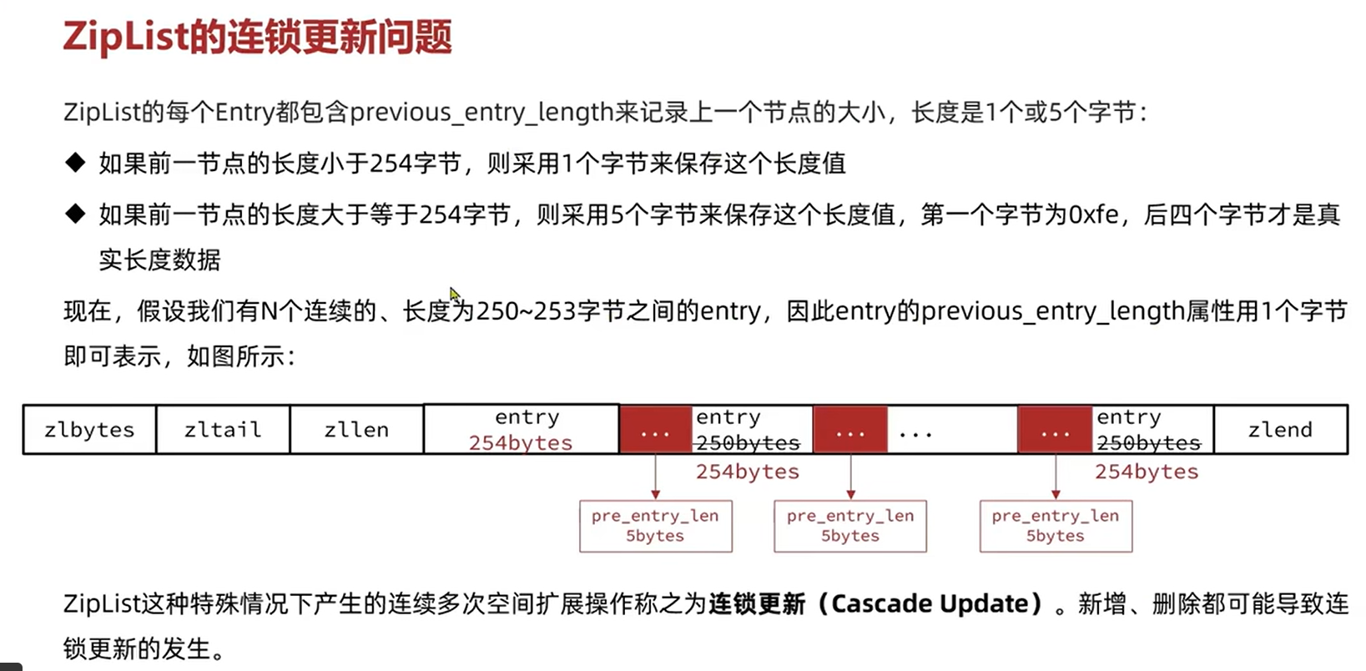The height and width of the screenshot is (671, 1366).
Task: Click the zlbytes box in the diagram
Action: click(x=89, y=430)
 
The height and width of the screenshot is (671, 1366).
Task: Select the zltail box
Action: click(x=223, y=430)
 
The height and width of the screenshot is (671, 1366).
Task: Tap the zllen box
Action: click(x=356, y=430)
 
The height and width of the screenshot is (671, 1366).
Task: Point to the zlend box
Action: click(x=1280, y=430)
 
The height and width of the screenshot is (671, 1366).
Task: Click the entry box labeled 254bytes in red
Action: click(x=522, y=430)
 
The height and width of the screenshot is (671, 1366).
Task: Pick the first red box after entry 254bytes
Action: click(x=656, y=430)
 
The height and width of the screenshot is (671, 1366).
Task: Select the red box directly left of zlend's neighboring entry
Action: click(x=1055, y=430)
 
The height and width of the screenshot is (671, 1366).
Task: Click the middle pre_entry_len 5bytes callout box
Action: click(x=850, y=526)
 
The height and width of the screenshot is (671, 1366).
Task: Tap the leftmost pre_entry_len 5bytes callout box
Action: click(x=655, y=526)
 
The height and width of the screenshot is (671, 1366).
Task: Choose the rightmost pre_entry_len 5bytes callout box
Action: click(x=1056, y=526)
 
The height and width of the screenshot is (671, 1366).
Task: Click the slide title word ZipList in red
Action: click(x=125, y=38)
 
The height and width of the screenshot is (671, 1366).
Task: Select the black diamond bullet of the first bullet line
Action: click(x=75, y=162)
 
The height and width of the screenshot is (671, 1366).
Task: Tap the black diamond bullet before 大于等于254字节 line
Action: click(x=75, y=214)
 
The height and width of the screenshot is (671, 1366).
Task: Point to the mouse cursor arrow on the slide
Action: click(x=453, y=293)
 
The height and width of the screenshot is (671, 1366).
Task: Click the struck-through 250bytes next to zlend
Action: click(x=1148, y=443)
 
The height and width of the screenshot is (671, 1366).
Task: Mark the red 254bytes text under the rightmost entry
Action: click(x=1147, y=472)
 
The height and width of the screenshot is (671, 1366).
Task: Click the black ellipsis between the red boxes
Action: click(x=915, y=433)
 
